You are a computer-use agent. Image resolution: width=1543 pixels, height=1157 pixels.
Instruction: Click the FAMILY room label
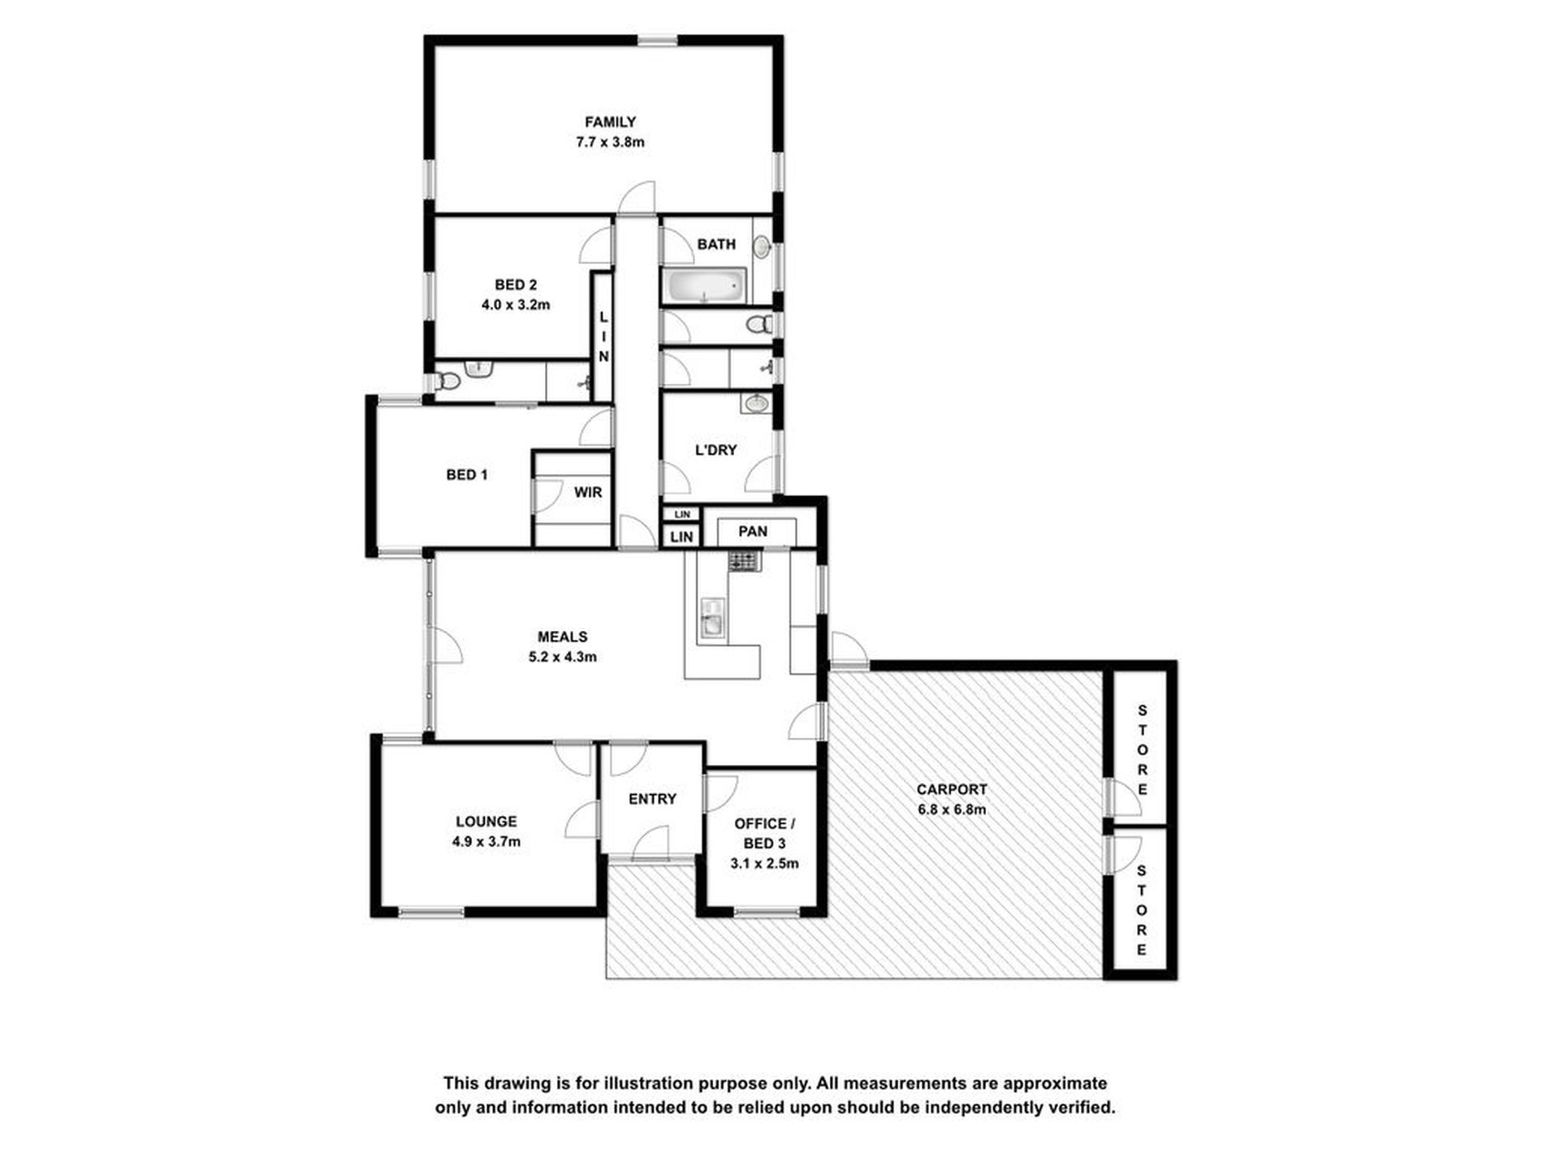[610, 123]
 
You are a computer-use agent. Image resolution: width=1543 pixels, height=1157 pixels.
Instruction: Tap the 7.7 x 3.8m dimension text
[610, 143]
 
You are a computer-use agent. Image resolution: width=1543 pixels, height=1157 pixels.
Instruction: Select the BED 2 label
[516, 285]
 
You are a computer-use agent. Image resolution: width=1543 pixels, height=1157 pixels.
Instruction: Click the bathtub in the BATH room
[704, 287]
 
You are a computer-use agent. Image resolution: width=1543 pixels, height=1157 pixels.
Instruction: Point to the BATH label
[716, 244]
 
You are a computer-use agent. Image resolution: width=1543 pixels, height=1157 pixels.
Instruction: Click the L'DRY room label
[715, 450]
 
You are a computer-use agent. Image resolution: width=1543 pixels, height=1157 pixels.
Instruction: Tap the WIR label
[588, 492]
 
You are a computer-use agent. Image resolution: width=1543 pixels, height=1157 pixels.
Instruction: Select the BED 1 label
[467, 475]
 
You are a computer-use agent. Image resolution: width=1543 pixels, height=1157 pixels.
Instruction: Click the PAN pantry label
[753, 532]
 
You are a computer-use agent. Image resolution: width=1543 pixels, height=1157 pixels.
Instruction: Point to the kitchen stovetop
[744, 560]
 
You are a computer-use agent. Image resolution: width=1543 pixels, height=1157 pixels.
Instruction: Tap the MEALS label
[562, 637]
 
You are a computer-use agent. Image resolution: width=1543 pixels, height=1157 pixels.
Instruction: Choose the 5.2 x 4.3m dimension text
[562, 657]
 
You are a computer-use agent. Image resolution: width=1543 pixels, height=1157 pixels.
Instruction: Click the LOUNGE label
[486, 822]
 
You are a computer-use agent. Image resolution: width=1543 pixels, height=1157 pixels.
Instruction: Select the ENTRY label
[652, 800]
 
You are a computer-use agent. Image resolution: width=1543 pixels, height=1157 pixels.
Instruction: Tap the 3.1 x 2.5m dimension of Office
[764, 864]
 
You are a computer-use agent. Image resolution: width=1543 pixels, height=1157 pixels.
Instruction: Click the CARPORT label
[952, 789]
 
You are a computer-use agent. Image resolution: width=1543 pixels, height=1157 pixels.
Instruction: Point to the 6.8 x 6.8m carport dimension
[952, 809]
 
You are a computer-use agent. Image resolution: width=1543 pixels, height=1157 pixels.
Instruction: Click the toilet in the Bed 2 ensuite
[447, 380]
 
